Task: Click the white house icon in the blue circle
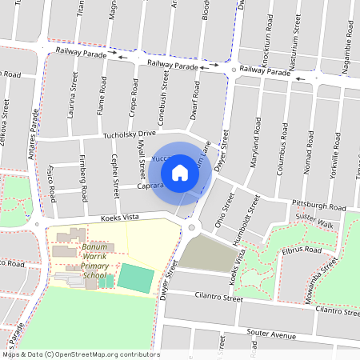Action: coord(180,171)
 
